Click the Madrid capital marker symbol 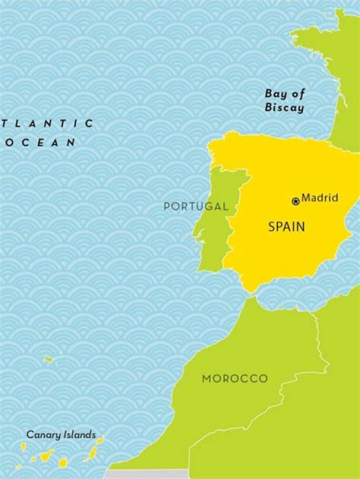[x=295, y=201]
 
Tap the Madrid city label [x=320, y=197]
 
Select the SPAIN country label [x=286, y=226]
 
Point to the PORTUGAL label [x=195, y=206]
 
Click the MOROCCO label [x=234, y=378]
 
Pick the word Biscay [x=284, y=107]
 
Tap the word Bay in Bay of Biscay [x=275, y=93]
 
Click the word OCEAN [x=40, y=142]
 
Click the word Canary [x=43, y=435]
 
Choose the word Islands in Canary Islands [x=79, y=435]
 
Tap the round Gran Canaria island [x=63, y=463]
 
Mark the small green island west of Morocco [x=48, y=359]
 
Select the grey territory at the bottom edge [x=145, y=473]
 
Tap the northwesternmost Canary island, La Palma [x=23, y=446]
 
